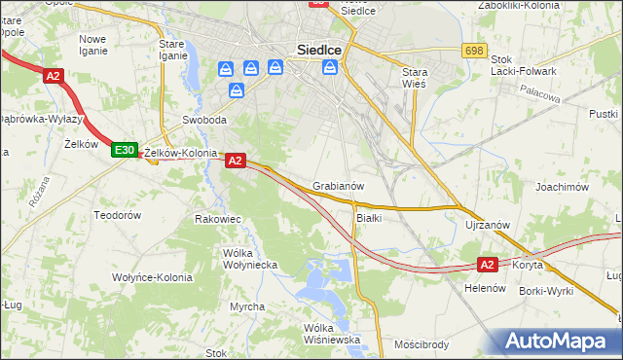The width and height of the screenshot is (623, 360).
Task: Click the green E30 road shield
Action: click(123, 150)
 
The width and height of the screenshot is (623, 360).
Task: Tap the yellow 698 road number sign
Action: click(474, 50)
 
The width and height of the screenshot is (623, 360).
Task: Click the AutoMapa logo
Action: click(554, 341)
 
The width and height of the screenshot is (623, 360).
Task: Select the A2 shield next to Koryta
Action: click(489, 264)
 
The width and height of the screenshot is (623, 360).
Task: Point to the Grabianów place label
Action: click(339, 186)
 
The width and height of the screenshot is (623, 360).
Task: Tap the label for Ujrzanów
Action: click(488, 225)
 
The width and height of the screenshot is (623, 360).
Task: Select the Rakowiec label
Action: click(217, 219)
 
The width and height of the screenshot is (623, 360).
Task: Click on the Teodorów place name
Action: click(118, 214)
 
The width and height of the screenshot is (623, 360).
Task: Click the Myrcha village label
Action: click(247, 306)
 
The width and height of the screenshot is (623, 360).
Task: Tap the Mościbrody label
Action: click(421, 344)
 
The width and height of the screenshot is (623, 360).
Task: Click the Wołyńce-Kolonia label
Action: click(151, 277)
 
